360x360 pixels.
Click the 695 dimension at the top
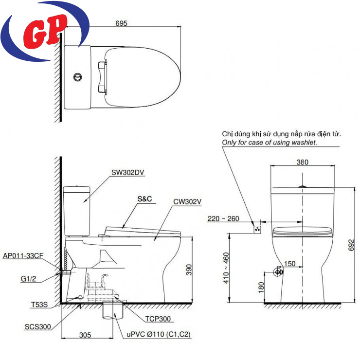tap(121, 23)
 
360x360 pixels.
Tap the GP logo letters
tap(45, 31)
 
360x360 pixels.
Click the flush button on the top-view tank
tap(78, 77)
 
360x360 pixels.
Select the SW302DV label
tap(127, 172)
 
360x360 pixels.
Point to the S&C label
tap(144, 199)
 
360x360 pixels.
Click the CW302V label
tap(187, 201)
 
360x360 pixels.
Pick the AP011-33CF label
tap(23, 256)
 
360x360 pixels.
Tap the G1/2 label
tap(29, 279)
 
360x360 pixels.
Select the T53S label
tap(39, 305)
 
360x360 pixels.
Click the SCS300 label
tap(37, 327)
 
